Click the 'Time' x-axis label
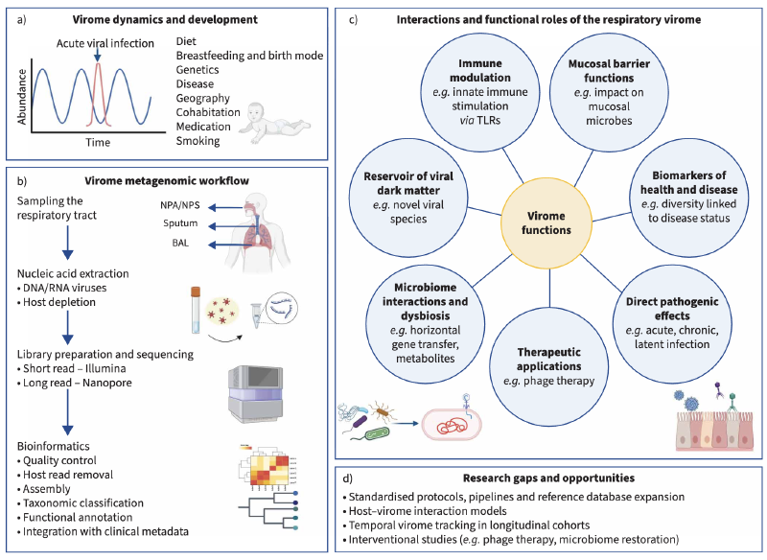click(99, 142)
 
